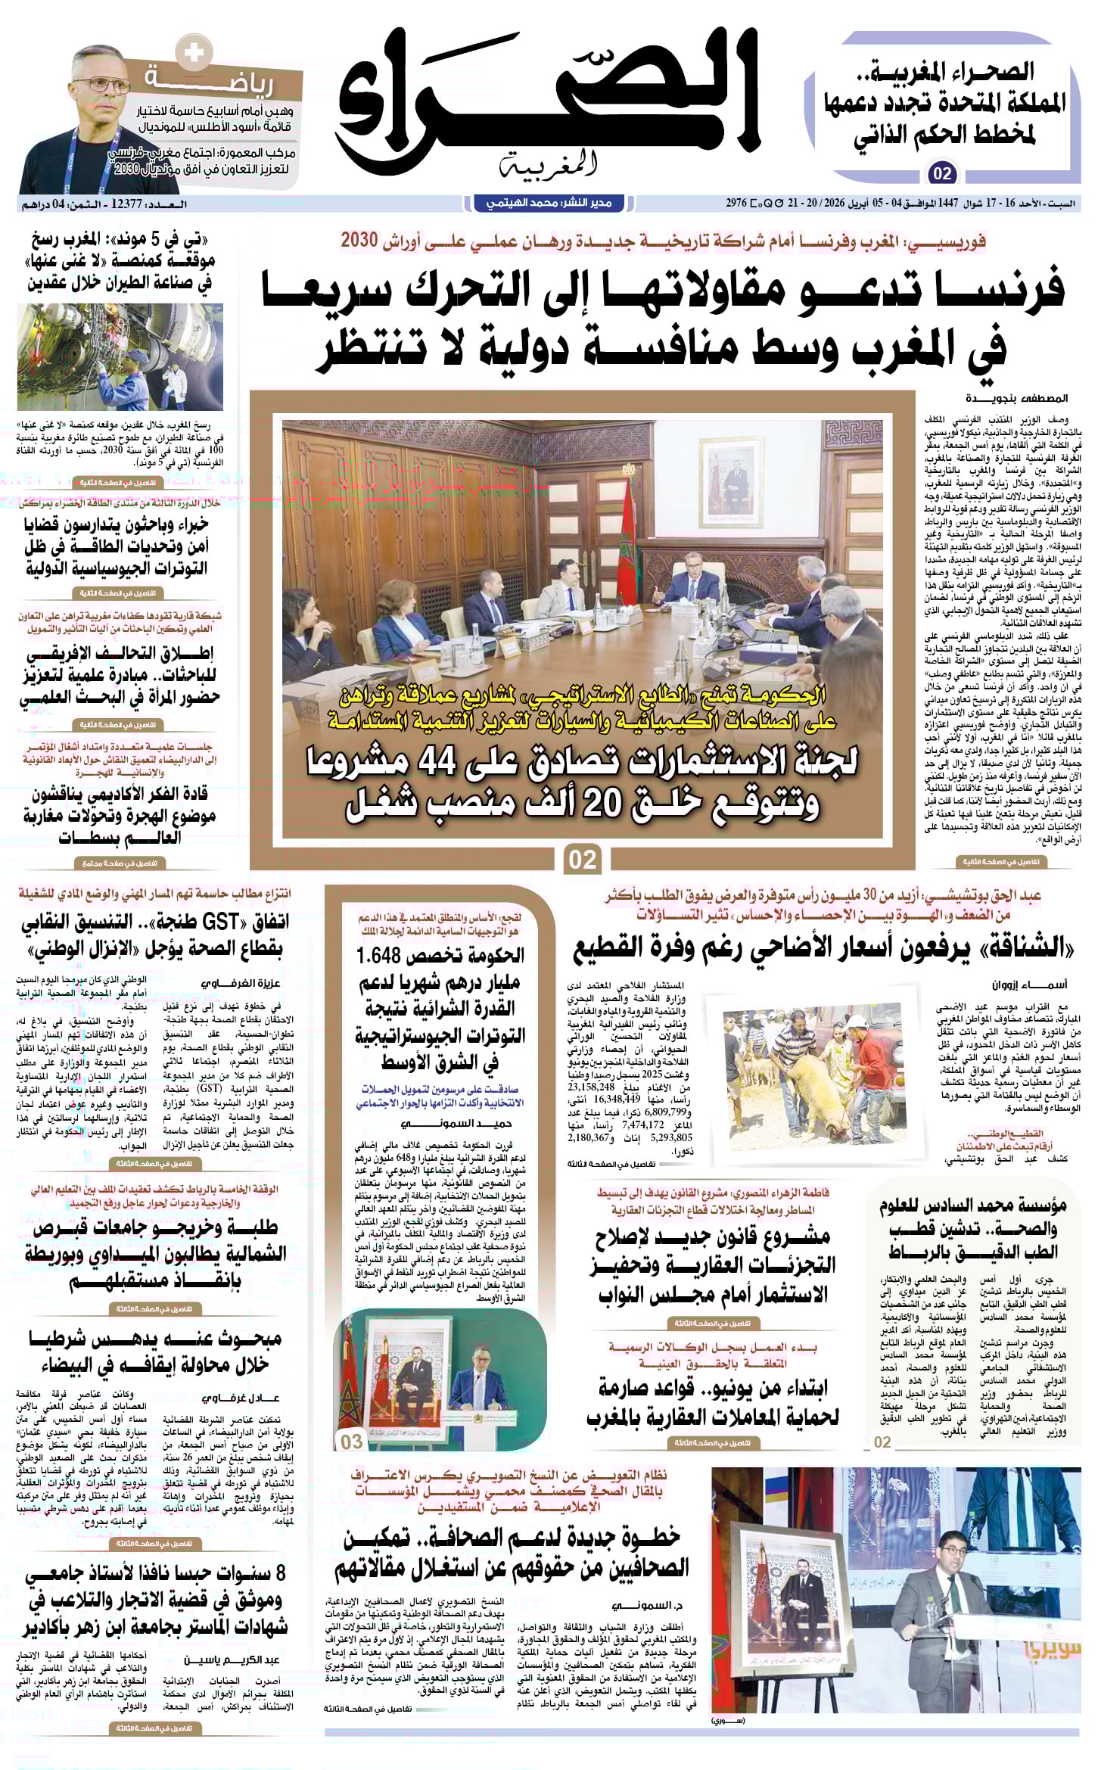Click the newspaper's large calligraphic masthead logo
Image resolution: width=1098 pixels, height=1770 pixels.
point(548,102)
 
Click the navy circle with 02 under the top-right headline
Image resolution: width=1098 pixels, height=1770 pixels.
point(942,174)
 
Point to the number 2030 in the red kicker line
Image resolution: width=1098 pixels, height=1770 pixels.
point(359,241)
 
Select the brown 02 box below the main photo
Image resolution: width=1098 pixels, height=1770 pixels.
point(583,860)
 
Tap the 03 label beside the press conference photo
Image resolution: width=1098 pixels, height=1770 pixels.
point(352,1442)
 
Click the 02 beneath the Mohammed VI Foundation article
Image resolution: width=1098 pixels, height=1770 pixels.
point(882,1442)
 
